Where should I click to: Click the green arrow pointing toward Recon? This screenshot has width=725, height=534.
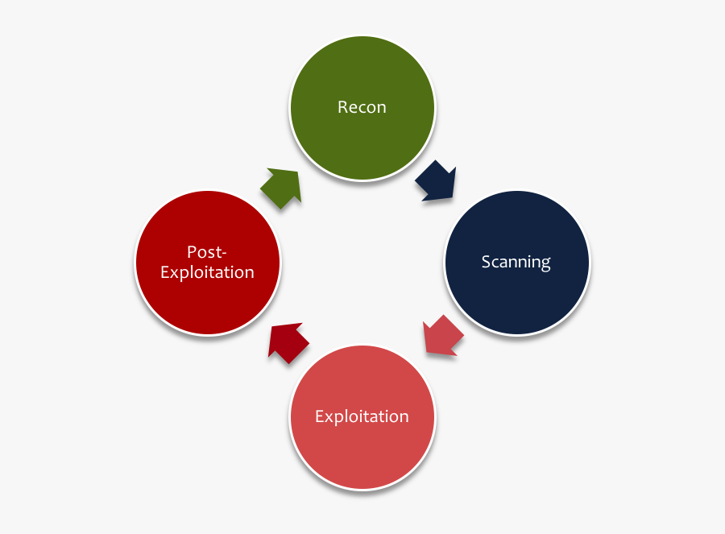pos(281,188)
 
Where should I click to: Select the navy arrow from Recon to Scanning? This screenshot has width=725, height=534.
pos(436,181)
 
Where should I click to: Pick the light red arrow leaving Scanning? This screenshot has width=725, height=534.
pos(442,335)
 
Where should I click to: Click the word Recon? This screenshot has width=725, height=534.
pos(362,107)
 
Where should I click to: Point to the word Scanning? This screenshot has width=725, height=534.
pos(516,262)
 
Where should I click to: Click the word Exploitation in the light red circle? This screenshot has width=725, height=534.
pos(362,416)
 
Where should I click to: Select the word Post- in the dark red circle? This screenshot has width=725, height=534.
pos(207,251)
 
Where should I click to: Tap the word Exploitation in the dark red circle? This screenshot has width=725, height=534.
pos(207,272)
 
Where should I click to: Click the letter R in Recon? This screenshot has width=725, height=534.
pos(342,107)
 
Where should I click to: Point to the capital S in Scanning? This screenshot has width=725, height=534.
pos(486,262)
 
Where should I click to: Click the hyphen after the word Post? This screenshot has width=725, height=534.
pos(225,253)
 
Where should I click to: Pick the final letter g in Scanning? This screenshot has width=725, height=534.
pos(546,264)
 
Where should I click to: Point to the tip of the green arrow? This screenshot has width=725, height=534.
pos(299,171)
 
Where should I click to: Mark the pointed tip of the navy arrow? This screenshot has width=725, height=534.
pos(454,198)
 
